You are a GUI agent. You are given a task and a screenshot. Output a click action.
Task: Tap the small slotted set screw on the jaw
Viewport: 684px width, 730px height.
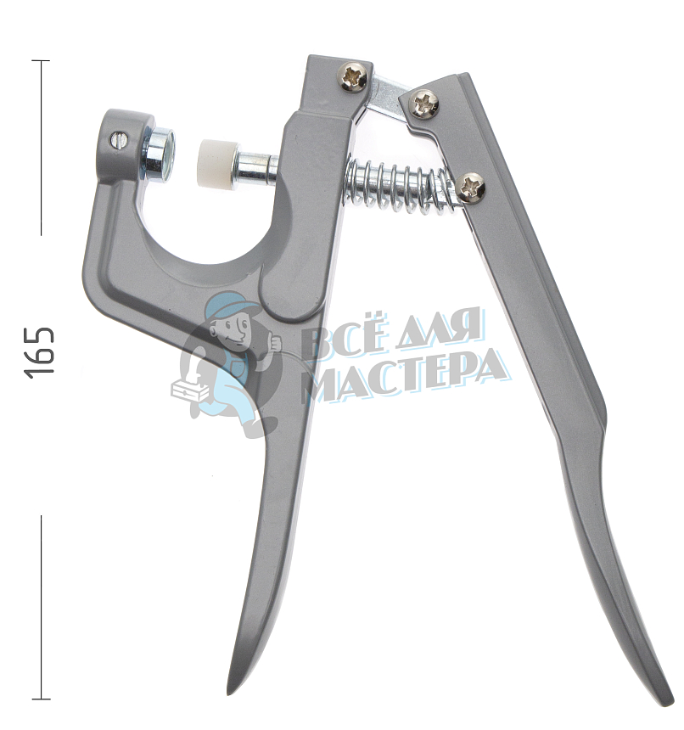point(117,139)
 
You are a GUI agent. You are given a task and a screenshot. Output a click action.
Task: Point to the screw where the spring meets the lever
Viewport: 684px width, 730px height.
point(473,188)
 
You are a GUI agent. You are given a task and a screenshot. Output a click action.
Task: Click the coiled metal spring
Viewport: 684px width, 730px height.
point(402,185)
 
